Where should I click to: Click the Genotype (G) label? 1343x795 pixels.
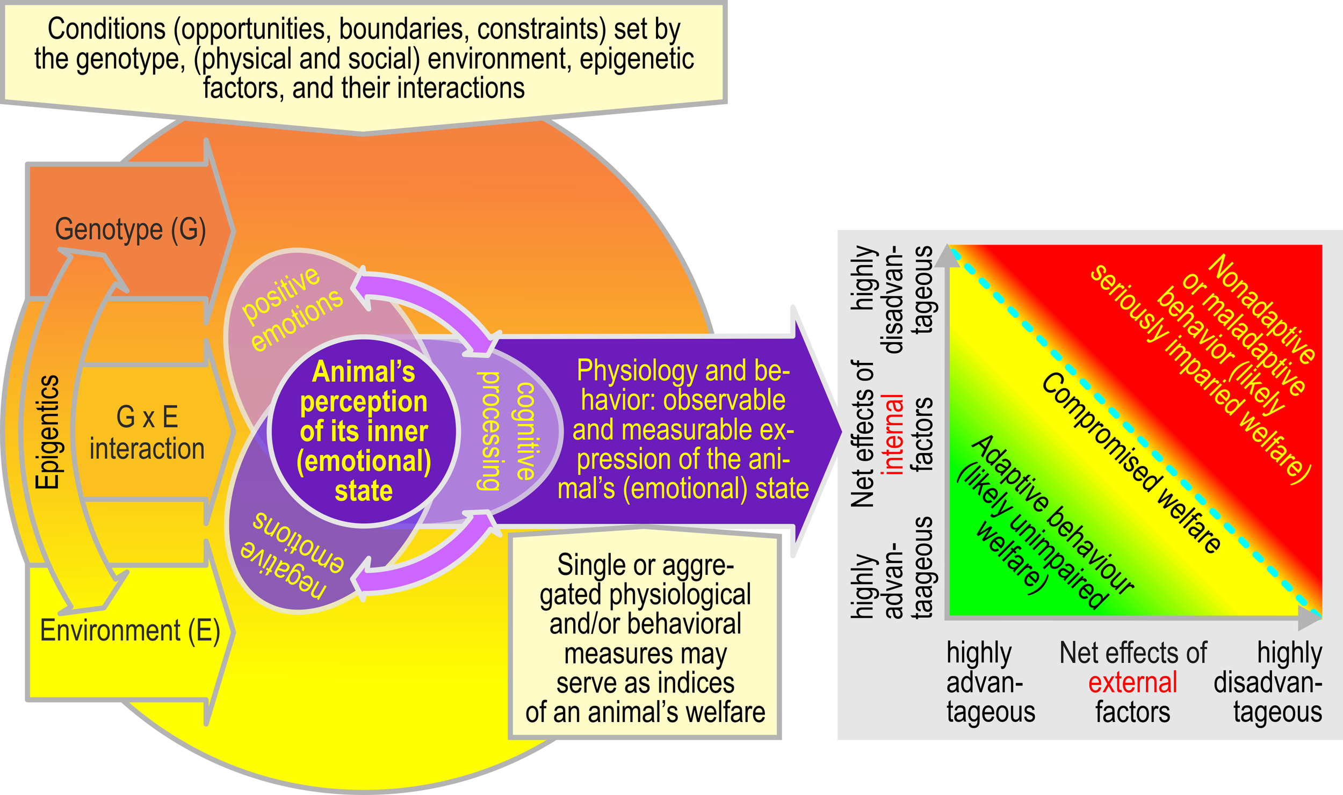point(131,230)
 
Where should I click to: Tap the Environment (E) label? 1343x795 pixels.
point(130,631)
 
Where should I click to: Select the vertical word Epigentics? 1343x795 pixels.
point(47,432)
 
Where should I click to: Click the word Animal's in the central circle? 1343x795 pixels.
point(364,372)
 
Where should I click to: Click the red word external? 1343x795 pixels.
point(1132,683)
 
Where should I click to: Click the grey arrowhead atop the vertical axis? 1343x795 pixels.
point(947,256)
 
